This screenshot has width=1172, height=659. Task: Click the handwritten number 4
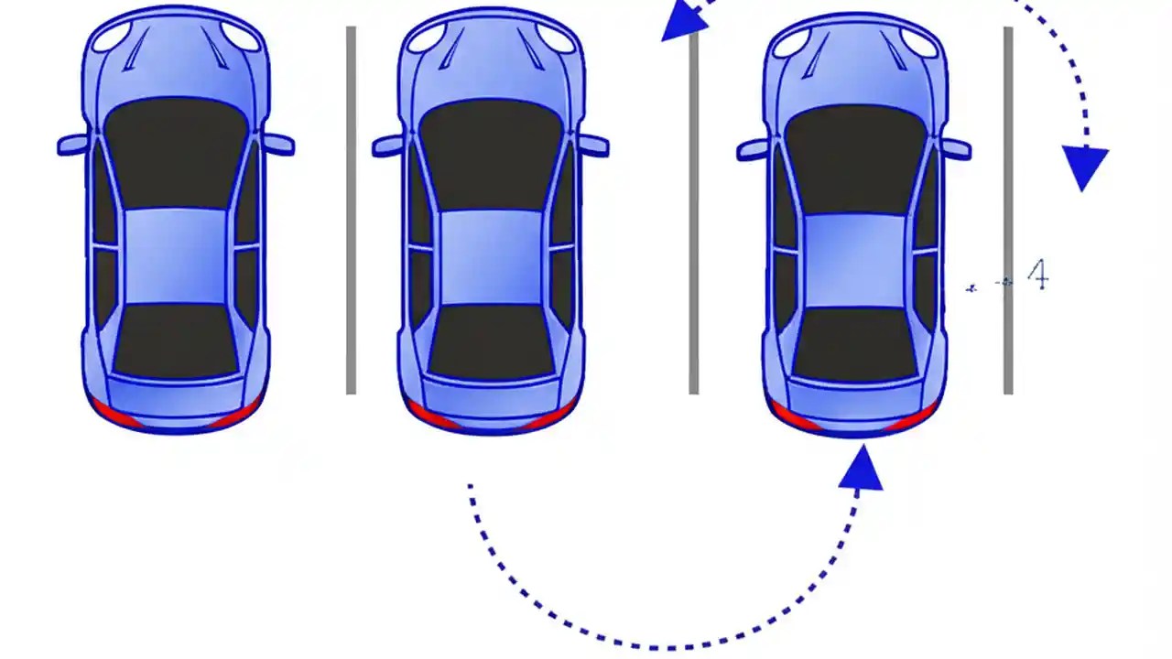(x=1036, y=275)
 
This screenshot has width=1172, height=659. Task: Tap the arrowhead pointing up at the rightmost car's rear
(x=861, y=470)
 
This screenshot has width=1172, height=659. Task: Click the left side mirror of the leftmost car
(x=72, y=145)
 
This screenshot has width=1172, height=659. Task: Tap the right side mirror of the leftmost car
(x=279, y=144)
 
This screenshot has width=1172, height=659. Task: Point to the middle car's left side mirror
(x=387, y=146)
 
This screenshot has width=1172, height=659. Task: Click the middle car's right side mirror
(x=594, y=145)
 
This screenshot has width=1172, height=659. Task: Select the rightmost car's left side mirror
(x=753, y=149)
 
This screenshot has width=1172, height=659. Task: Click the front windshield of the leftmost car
(x=176, y=151)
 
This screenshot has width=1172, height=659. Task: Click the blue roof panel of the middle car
(x=492, y=257)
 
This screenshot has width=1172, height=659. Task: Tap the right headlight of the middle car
(x=556, y=36)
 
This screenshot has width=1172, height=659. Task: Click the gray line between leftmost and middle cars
(x=351, y=211)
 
